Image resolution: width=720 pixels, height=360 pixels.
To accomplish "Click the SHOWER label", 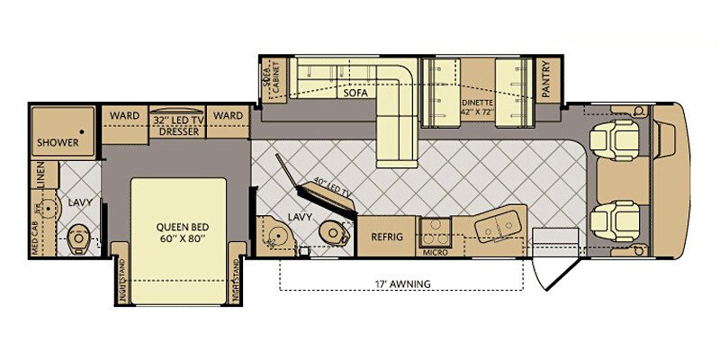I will (x=58, y=142).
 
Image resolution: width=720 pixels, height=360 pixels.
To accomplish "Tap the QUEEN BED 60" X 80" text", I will (x=178, y=232).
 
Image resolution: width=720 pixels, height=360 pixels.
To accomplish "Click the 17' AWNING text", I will (x=400, y=284).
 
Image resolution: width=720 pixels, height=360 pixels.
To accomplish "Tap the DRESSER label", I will (x=177, y=130).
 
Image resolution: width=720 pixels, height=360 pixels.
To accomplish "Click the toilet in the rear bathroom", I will (x=78, y=238).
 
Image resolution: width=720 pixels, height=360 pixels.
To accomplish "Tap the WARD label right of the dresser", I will (x=229, y=116).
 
